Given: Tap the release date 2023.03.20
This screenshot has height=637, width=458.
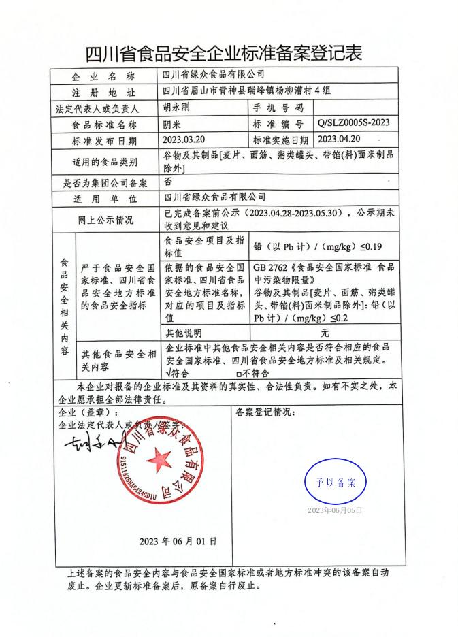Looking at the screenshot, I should [184, 140].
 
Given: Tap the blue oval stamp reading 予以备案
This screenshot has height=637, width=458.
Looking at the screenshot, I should [335, 481].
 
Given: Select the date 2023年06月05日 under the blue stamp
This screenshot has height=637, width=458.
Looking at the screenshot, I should [335, 510].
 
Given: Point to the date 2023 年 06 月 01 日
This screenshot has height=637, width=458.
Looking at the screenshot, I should [178, 542].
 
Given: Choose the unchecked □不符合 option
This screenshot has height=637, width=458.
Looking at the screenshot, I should [252, 373].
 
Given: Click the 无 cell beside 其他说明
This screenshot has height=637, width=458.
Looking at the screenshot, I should [325, 333].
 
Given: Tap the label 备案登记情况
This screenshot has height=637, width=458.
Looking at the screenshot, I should [265, 412].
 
